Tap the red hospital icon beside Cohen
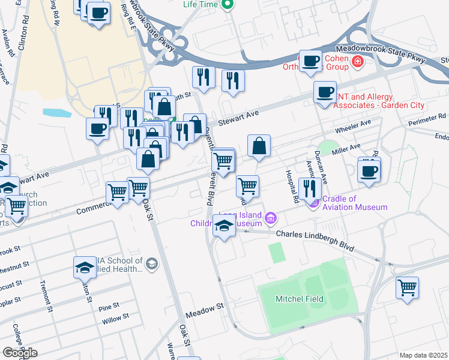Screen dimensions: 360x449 pos(358,61)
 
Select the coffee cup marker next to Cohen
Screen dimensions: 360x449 pos(310,61)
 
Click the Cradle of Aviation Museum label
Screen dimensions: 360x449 pos(355,203)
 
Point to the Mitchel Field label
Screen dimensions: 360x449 pos(299,299)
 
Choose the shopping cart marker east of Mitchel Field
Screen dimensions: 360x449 pos(407,287)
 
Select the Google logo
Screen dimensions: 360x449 pos(19,353)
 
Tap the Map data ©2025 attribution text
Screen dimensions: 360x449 pos(424,355)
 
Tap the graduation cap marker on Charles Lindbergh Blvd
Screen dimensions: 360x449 pos(224,227)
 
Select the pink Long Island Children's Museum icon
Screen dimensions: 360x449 pos(271,217)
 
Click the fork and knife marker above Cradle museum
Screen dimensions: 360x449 pos(310,188)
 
